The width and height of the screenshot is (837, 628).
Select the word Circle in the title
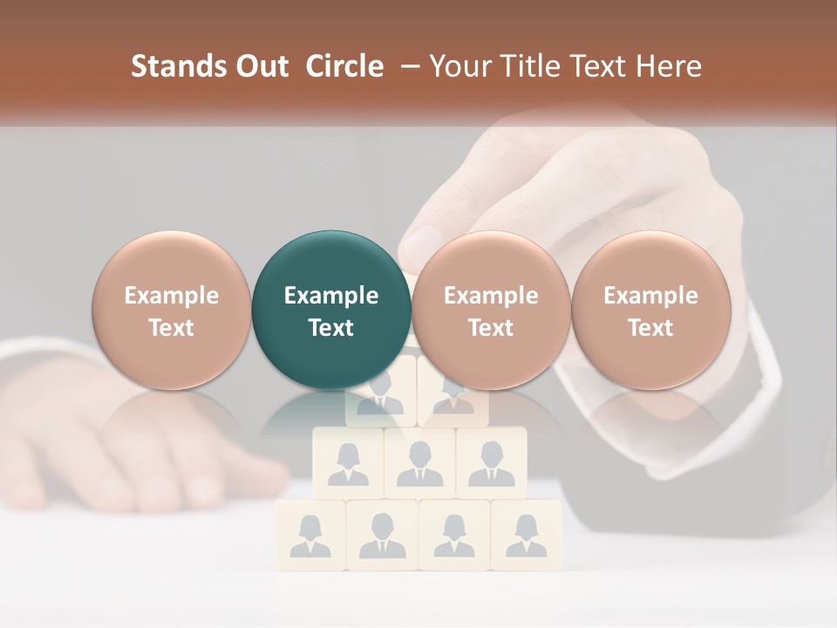[344, 66]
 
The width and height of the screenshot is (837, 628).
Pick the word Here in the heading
[669, 66]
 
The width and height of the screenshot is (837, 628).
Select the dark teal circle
[331, 310]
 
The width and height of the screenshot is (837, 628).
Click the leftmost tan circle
[172, 310]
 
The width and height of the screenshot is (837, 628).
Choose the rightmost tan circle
[650, 310]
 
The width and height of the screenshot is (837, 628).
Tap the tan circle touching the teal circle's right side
[491, 310]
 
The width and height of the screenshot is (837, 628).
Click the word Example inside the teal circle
[331, 296]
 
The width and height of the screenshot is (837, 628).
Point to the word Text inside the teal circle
[331, 328]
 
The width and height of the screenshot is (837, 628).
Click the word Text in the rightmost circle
[650, 328]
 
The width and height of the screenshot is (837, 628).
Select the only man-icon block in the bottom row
[382, 534]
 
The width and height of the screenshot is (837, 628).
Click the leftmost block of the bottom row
[310, 534]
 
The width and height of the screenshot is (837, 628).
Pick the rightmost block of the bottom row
[526, 534]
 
